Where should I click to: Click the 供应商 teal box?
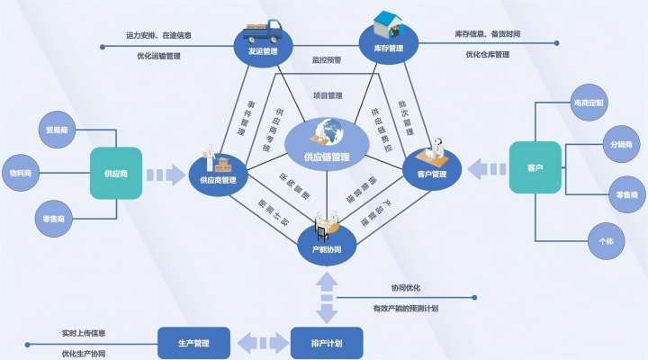pos(116,173)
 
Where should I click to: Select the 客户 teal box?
pos(535,166)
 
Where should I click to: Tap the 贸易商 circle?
pos(56,129)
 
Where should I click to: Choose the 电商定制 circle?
pos(590,103)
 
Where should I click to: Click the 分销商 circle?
pos(621,146)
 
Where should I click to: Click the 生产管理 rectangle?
pos(193,342)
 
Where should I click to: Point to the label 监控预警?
pos(327,60)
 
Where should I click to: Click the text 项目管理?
pos(327,95)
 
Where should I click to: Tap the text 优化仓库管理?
pos(488,55)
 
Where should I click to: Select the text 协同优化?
pos(406,288)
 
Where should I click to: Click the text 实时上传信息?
pos(84,332)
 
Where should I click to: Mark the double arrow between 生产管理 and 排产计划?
pos(260,343)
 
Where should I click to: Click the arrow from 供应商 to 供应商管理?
pos(165,174)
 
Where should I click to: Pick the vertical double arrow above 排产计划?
pos(326,294)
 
